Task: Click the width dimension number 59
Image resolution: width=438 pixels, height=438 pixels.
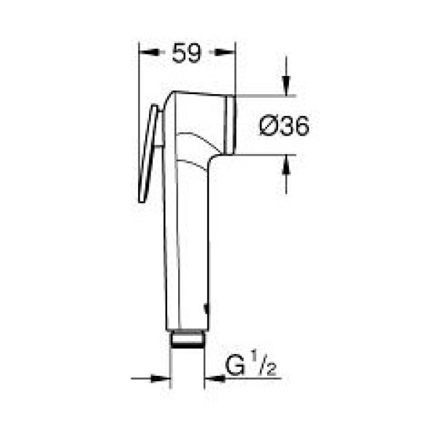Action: point(187,53)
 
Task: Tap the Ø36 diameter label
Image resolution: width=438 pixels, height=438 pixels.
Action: point(285,126)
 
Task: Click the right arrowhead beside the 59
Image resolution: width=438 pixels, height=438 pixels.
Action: point(229,53)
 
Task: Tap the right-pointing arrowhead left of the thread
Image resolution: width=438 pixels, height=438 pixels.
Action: point(164,378)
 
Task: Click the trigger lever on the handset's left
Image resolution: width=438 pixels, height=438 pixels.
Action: point(148,153)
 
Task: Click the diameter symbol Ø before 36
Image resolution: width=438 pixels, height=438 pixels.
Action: point(268,126)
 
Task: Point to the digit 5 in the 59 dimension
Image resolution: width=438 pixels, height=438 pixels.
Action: point(180,53)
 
